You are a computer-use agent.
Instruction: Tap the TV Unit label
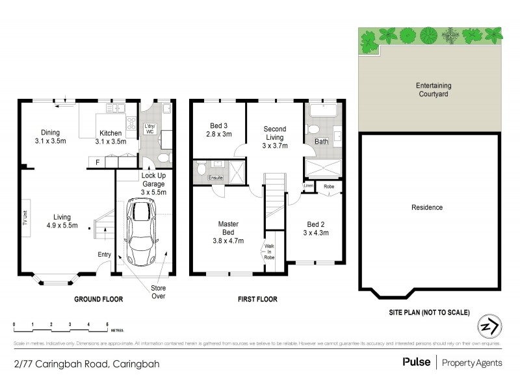pyautogui.click(x=25, y=218)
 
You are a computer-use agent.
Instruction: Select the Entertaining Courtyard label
pyautogui.click(x=434, y=90)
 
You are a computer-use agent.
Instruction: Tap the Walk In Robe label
pyautogui.click(x=269, y=252)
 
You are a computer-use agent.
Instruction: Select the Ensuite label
pyautogui.click(x=216, y=177)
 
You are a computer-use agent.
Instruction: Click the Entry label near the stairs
pyautogui.click(x=104, y=254)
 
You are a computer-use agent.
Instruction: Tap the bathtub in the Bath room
pyautogui.click(x=322, y=110)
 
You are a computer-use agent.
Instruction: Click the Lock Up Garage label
pyautogui.click(x=154, y=184)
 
